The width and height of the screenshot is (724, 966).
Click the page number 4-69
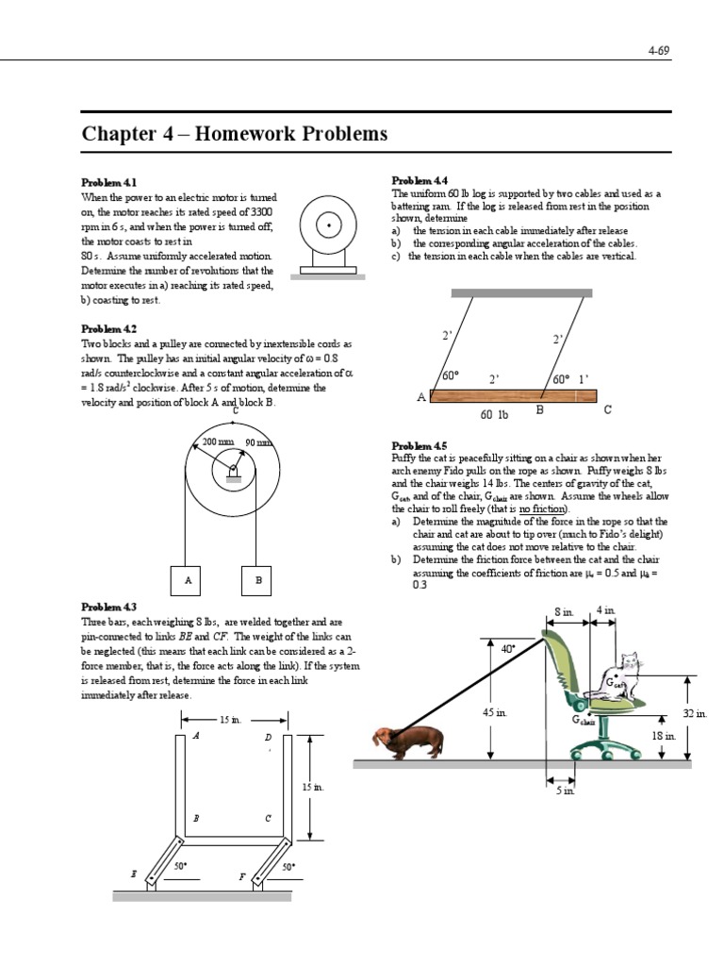[x=658, y=51]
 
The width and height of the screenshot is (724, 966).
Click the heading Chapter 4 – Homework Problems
[x=235, y=134]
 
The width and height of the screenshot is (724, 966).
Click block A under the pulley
[x=189, y=580]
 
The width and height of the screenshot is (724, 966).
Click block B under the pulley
[x=258, y=580]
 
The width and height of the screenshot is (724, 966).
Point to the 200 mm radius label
[x=218, y=441]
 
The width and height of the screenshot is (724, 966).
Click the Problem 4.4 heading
[x=420, y=180]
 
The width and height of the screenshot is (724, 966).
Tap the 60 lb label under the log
[x=495, y=414]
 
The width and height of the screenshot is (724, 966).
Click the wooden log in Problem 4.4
[x=515, y=397]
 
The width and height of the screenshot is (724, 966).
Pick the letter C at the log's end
[x=607, y=409]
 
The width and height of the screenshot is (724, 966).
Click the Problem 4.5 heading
[x=420, y=445]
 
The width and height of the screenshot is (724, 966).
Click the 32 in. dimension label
[x=695, y=714]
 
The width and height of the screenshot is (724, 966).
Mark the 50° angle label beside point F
[x=288, y=865]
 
